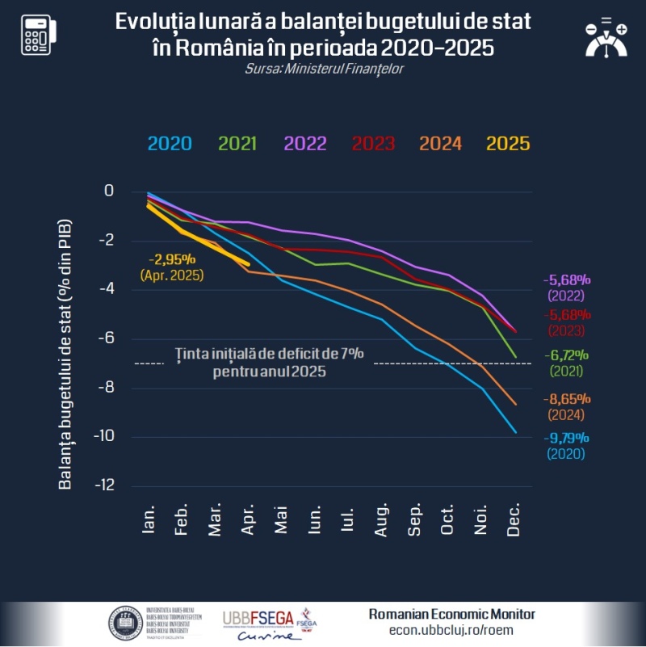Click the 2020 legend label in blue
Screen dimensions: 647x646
[x=170, y=144]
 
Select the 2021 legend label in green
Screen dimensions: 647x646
[x=237, y=144]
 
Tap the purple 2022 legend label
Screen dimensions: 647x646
[x=304, y=144]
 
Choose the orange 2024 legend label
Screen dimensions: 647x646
[x=440, y=144]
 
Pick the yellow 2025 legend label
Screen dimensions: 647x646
[x=508, y=144]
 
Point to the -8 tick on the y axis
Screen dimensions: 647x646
[x=107, y=388]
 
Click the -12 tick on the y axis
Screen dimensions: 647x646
[x=104, y=485]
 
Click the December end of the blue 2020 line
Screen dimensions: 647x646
[x=515, y=432]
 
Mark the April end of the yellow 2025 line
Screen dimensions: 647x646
[x=248, y=263]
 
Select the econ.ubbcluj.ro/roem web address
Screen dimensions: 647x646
[x=451, y=630]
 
